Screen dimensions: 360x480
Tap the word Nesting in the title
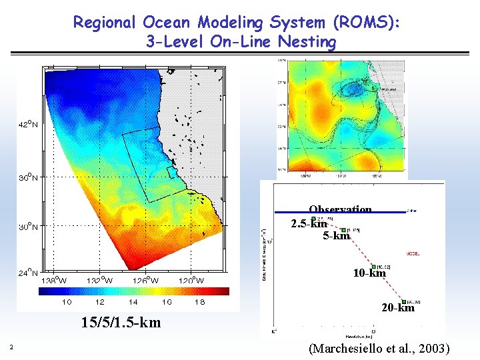coord(308,42)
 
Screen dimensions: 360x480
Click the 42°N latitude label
coord(28,124)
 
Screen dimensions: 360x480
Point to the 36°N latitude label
coord(28,178)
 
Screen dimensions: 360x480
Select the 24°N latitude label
coord(28,272)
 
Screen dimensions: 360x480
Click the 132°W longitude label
coord(99,281)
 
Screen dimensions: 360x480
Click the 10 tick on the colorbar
coord(67,302)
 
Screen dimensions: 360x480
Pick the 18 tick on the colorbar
coord(200,302)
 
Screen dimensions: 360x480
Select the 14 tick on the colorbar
coord(133,302)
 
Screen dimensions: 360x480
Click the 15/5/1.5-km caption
coord(121,323)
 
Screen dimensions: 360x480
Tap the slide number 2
coord(11,345)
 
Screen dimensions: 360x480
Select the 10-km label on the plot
coord(369,273)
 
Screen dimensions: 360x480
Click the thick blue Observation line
coord(340,212)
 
